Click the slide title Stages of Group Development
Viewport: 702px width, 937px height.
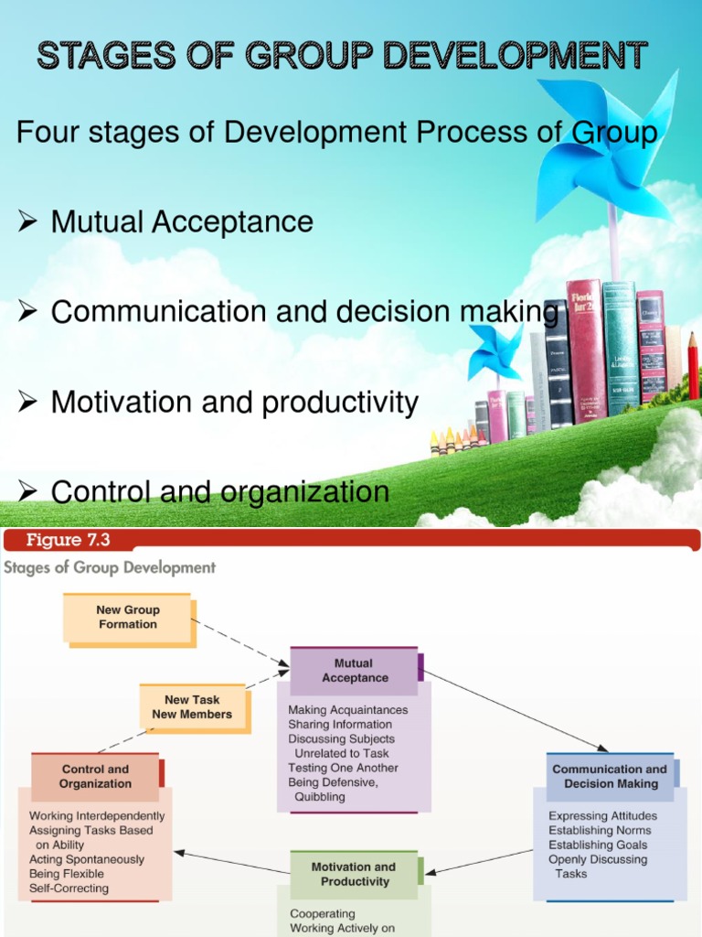click(342, 56)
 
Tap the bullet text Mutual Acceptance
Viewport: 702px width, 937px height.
click(182, 221)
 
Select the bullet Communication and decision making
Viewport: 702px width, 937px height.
click(304, 312)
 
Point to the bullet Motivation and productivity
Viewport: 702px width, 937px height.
click(235, 402)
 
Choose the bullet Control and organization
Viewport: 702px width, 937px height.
click(220, 492)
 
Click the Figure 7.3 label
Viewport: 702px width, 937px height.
click(68, 540)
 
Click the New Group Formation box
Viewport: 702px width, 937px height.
click(128, 618)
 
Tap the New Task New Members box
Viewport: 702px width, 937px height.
click(192, 707)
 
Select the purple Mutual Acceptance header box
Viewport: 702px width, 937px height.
click(355, 672)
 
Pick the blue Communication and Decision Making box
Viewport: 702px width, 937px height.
click(610, 777)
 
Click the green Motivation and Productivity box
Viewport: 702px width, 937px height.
click(354, 875)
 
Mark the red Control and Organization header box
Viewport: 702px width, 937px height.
click(95, 777)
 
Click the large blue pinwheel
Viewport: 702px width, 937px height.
click(608, 146)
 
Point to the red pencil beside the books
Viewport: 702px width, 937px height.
click(692, 366)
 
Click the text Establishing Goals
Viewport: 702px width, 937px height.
click(598, 845)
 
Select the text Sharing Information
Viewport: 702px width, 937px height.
click(340, 725)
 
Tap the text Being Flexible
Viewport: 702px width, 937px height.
click(67, 874)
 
